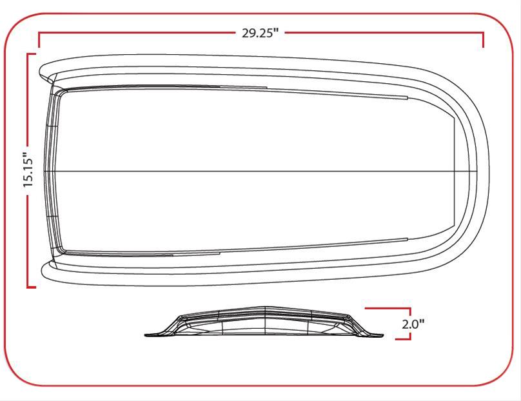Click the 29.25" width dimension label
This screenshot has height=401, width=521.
click(x=260, y=34)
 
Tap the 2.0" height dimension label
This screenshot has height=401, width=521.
click(x=413, y=324)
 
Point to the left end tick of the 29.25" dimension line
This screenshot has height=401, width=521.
click(x=39, y=41)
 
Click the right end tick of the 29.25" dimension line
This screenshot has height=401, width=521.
click(x=483, y=41)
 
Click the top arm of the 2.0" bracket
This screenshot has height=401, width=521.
click(x=387, y=309)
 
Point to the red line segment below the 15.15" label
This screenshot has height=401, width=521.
click(x=28, y=239)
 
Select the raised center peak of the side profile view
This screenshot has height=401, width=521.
click(x=264, y=308)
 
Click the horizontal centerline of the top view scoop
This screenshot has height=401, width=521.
click(x=258, y=171)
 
